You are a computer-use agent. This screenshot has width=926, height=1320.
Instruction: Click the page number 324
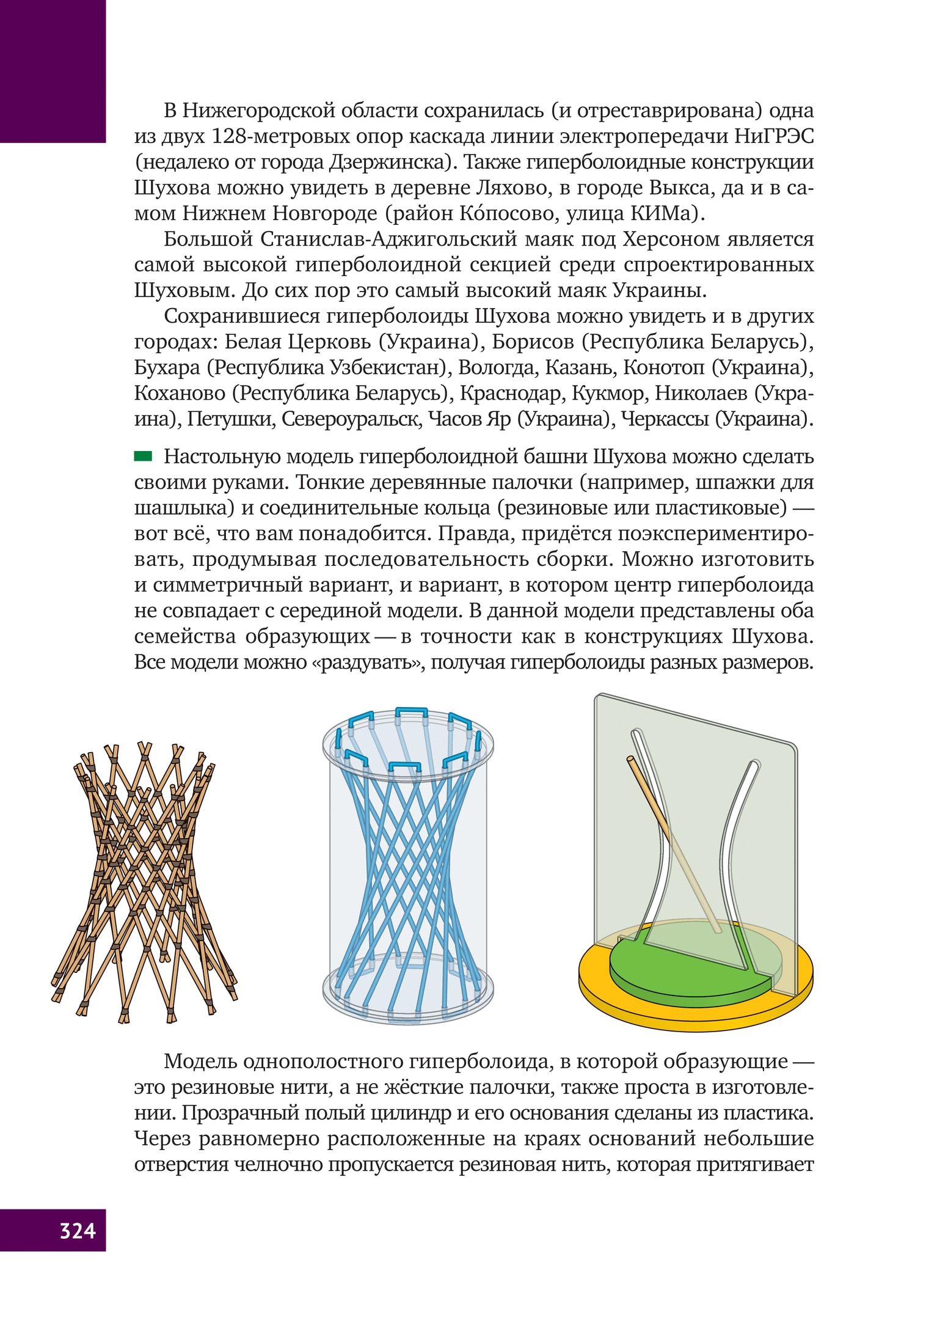pyautogui.click(x=78, y=1230)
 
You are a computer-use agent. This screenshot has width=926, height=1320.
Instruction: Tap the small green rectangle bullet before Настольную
pyautogui.click(x=143, y=455)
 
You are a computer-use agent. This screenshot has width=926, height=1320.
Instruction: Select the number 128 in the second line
pyautogui.click(x=228, y=136)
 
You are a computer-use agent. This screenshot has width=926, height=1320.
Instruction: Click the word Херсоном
pyautogui.click(x=671, y=239)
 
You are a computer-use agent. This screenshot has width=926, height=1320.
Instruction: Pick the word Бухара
pyautogui.click(x=167, y=367)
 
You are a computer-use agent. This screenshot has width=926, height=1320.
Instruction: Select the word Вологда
pyautogui.click(x=497, y=367)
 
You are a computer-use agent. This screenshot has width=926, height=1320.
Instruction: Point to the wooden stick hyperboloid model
pyautogui.click(x=144, y=880)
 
